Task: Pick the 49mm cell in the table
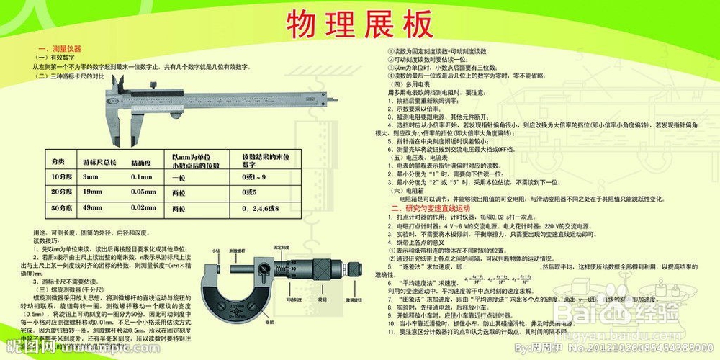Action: point(91,207)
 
